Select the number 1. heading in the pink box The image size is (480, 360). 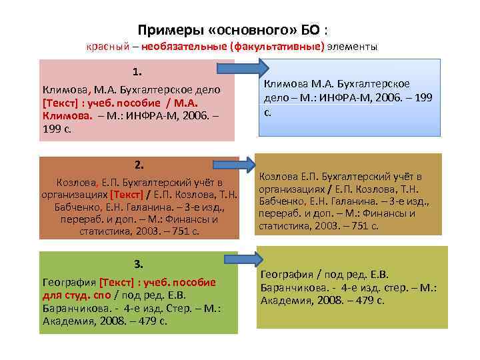pos(137,71)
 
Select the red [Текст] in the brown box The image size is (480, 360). pos(127,195)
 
